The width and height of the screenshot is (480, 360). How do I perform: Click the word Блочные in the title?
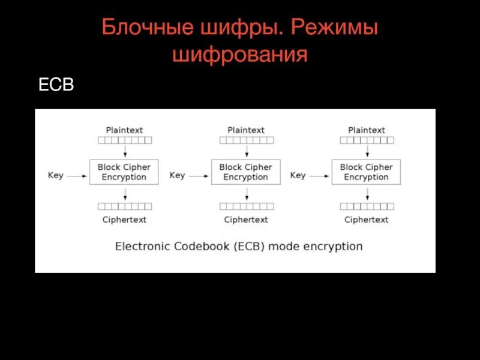tap(143, 28)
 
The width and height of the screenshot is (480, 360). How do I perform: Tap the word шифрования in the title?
tap(240, 55)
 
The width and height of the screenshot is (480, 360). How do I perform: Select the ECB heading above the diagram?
tap(56, 85)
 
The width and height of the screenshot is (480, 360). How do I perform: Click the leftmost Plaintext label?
tap(124, 130)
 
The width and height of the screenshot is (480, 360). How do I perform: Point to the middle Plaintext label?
tap(246, 130)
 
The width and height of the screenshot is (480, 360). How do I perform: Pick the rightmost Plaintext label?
tap(367, 130)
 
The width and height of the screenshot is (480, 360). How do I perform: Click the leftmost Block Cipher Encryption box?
tap(124, 172)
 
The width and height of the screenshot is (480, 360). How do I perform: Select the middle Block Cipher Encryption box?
tap(245, 172)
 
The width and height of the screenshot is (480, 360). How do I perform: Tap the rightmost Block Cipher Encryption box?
tap(366, 172)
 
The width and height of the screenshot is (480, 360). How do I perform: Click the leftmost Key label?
tap(56, 175)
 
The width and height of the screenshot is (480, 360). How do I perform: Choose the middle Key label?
tap(177, 175)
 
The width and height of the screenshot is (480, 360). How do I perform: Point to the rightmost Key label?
tap(298, 175)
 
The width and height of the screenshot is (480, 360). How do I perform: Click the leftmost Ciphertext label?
tap(124, 220)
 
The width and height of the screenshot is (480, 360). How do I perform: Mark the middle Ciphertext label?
tap(246, 220)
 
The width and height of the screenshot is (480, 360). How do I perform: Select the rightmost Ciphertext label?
tap(367, 220)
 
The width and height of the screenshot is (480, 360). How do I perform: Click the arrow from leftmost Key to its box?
tap(77, 176)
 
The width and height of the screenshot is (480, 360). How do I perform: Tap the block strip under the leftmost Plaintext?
tap(124, 140)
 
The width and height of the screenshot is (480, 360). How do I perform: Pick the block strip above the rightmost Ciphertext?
tap(367, 206)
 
